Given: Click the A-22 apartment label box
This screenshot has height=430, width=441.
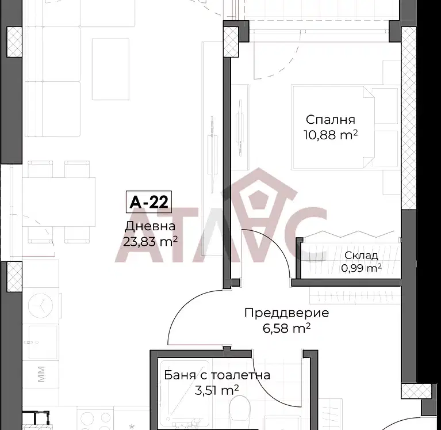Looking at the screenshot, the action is click(149, 201).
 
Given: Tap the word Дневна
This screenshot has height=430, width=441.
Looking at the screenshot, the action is click(150, 226).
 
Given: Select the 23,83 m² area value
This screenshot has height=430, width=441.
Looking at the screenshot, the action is click(151, 241).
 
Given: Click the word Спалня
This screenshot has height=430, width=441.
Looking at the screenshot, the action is click(331, 120).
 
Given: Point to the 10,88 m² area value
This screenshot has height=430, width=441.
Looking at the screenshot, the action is click(331, 135).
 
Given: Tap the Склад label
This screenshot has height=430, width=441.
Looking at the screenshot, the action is click(361, 256).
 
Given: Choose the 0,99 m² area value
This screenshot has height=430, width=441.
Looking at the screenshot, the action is click(362, 268).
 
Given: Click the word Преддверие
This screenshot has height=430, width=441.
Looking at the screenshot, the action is click(286, 313).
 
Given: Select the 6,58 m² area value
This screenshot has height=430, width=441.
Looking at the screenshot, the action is click(286, 328).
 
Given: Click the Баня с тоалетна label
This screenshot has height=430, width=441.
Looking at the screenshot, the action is click(217, 375).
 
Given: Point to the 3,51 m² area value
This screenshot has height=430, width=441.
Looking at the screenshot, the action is click(217, 390).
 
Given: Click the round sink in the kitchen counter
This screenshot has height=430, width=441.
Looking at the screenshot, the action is click(41, 306).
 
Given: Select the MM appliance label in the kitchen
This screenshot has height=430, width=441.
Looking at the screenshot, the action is click(41, 374).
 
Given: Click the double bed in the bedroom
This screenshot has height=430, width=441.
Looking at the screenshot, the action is click(333, 127).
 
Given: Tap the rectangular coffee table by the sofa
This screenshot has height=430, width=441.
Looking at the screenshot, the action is click(110, 69).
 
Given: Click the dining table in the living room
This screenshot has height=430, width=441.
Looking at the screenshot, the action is click(59, 202).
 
